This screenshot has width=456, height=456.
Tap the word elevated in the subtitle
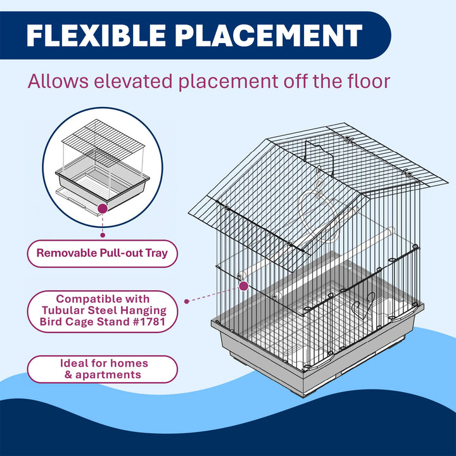click(x=133, y=81)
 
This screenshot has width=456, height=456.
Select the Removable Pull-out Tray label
click(x=102, y=253)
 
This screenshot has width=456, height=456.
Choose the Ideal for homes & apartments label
click(x=102, y=369)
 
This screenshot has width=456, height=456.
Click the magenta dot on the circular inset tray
click(x=103, y=208)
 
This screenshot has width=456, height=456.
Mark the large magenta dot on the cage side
click(x=244, y=286)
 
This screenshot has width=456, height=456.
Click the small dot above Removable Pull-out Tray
click(x=103, y=235)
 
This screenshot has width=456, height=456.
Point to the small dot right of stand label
click(x=187, y=301)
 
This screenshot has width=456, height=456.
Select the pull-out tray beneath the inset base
click(x=79, y=201)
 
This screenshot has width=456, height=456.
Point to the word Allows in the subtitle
click(x=58, y=81)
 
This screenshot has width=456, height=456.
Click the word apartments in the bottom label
click(x=108, y=375)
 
